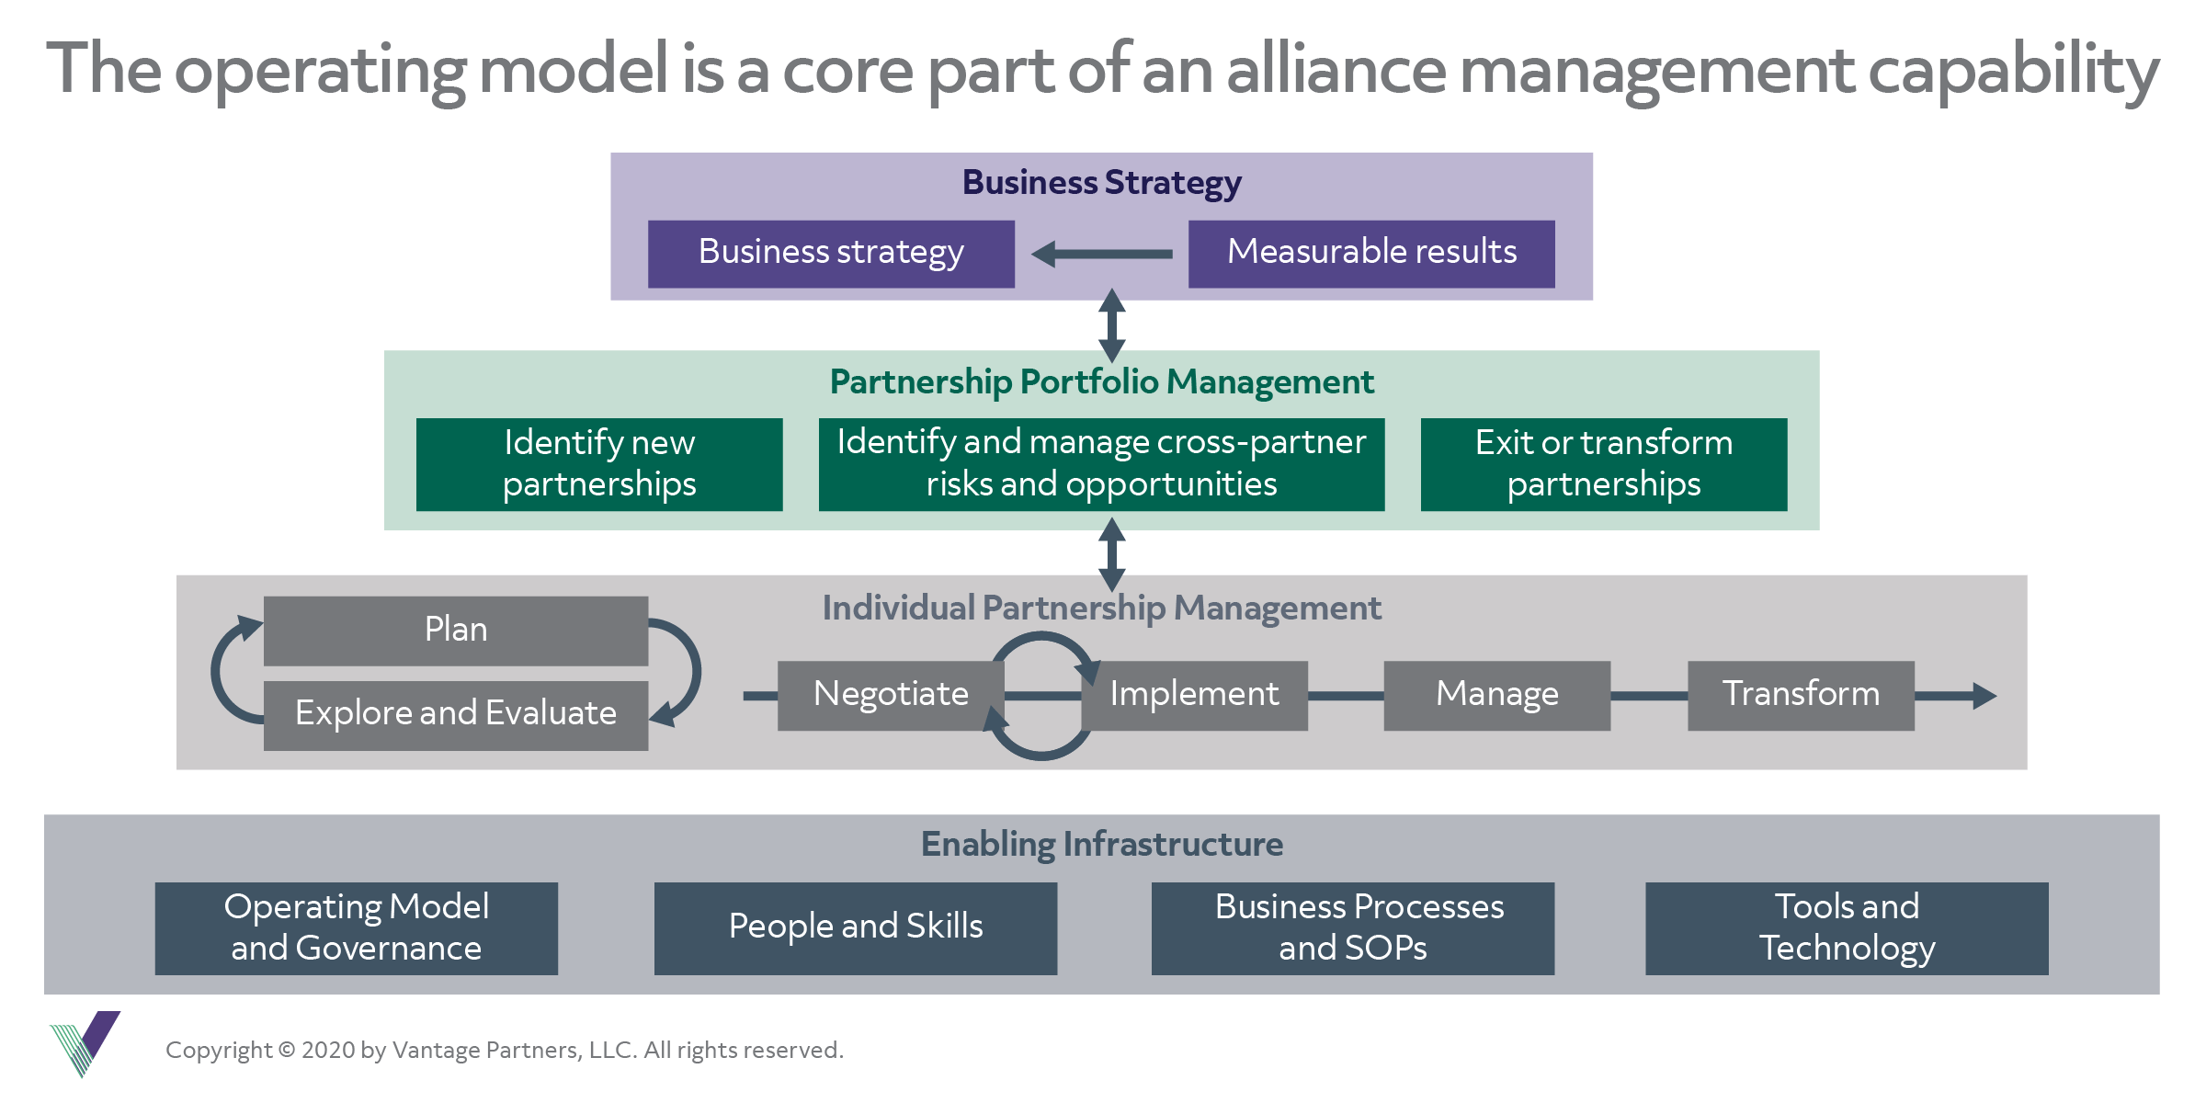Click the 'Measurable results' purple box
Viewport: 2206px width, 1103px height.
[x=1370, y=253]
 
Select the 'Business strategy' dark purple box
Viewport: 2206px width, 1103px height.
[x=831, y=253]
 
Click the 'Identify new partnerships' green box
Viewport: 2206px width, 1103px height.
[x=599, y=464]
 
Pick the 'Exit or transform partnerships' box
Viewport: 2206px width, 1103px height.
[x=1603, y=464]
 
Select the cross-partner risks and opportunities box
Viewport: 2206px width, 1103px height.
[x=1101, y=464]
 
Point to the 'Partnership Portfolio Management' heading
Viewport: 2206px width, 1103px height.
[x=1101, y=381]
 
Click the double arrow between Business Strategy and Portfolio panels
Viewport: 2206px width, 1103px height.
[x=1112, y=325]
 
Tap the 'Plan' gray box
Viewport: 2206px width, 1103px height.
[x=455, y=631]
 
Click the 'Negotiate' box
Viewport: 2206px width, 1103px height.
[x=890, y=695]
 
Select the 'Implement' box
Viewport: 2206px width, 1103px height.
[x=1194, y=695]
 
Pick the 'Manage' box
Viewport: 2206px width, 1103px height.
[x=1496, y=695]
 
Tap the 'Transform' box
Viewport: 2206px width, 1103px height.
[x=1801, y=695]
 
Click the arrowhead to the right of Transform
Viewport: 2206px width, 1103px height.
[x=1984, y=696]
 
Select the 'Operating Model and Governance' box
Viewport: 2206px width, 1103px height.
[x=356, y=927]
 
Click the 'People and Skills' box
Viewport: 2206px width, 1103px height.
[x=855, y=927]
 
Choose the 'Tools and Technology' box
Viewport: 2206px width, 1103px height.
[x=1846, y=927]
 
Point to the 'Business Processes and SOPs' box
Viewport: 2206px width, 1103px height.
[x=1352, y=927]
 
